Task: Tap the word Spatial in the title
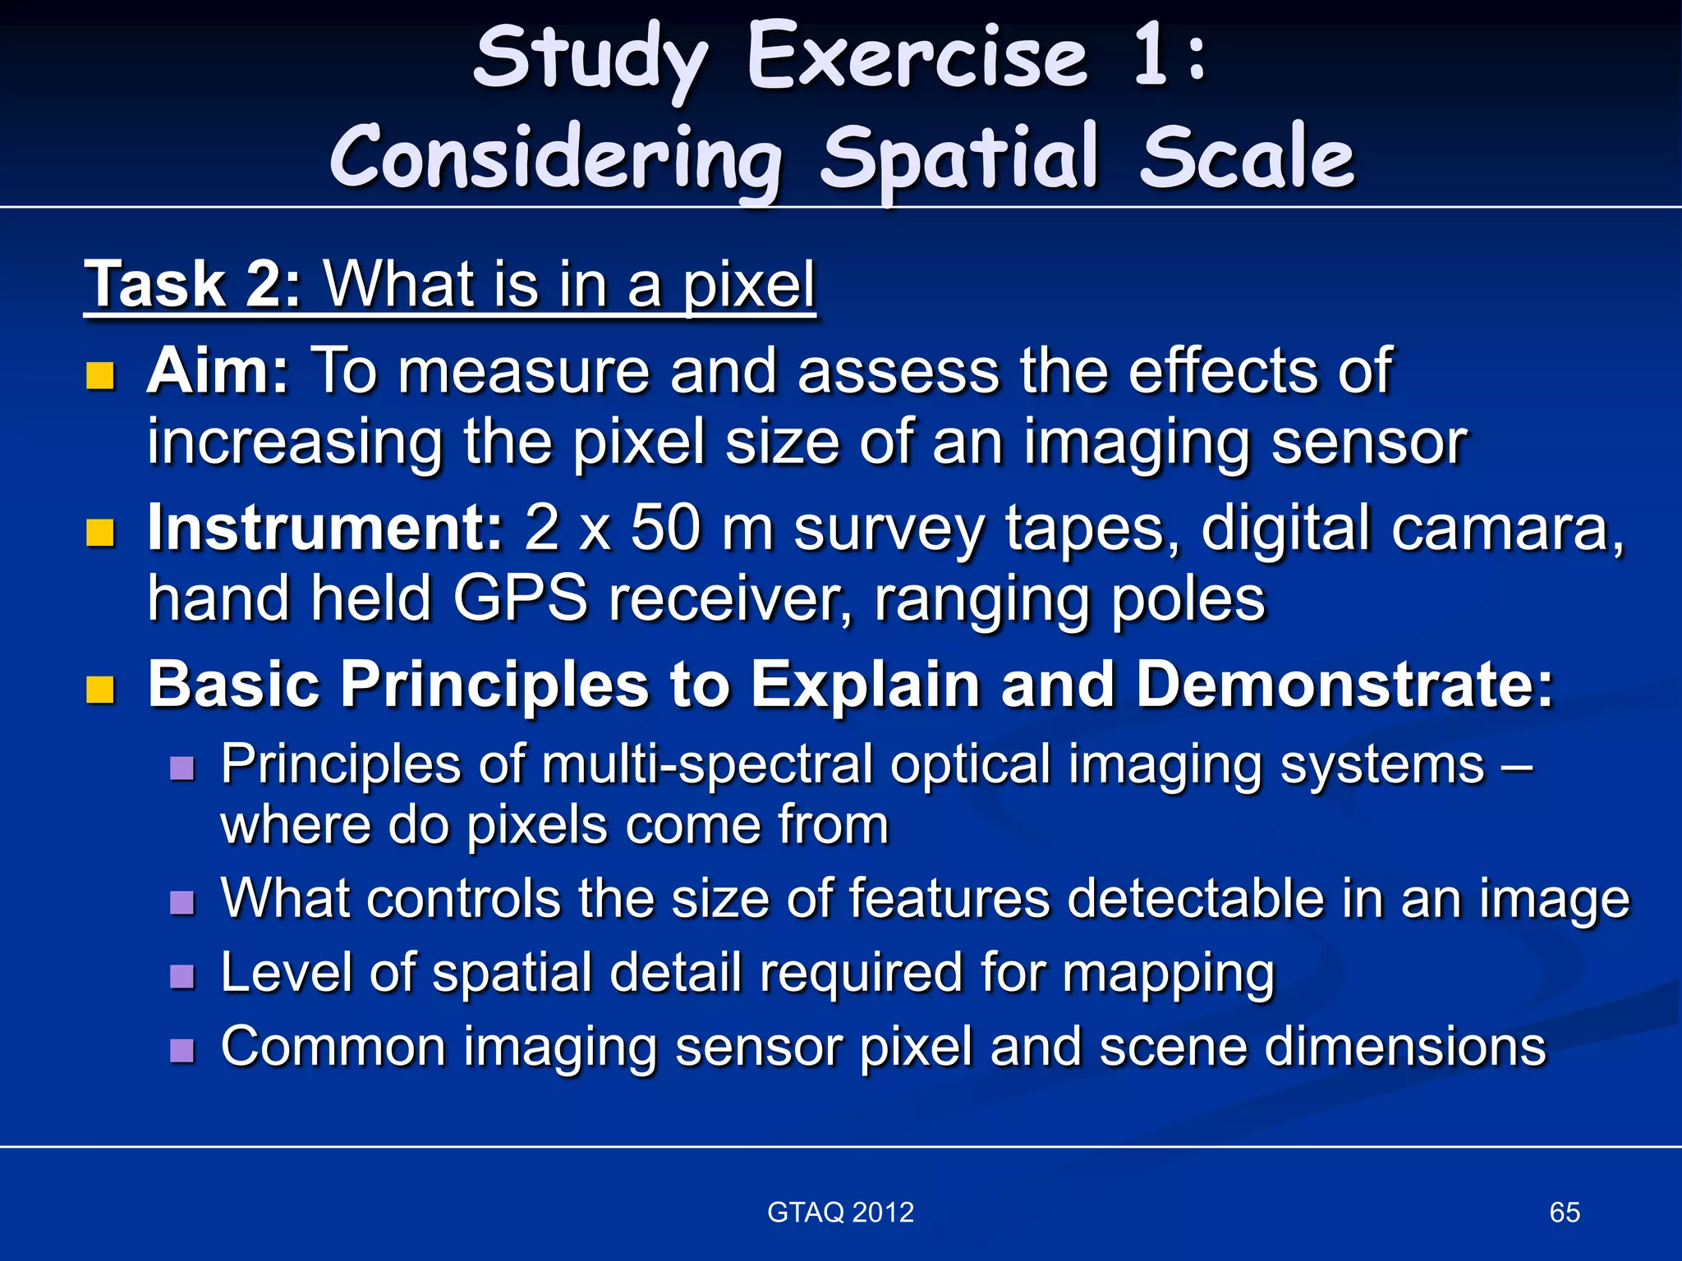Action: (958, 158)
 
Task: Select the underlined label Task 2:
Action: (194, 284)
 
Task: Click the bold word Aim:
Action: (218, 371)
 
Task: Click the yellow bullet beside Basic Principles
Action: (100, 690)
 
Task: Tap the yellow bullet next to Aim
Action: (100, 376)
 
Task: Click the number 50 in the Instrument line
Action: (666, 527)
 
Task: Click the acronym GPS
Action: (520, 598)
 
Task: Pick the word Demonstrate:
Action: (1344, 684)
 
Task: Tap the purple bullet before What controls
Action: (182, 902)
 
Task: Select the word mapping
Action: (1169, 974)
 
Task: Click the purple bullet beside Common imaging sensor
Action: (182, 1050)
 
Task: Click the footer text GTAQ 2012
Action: (840, 1212)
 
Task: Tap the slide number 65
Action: (1565, 1212)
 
